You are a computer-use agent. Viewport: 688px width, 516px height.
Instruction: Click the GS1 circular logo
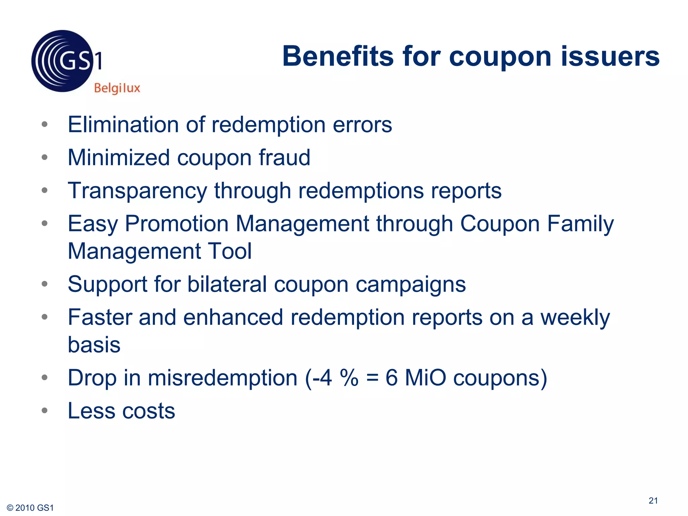62,61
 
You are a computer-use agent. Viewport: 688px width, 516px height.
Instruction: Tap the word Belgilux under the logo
117,88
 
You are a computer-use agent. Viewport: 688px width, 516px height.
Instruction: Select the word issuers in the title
610,56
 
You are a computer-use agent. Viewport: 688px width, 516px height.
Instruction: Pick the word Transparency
137,191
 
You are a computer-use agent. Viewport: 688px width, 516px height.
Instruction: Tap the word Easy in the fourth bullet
93,224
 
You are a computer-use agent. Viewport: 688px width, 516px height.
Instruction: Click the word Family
580,224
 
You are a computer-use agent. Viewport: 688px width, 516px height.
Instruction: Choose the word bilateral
227,284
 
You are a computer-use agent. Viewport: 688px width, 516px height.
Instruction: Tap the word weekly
575,318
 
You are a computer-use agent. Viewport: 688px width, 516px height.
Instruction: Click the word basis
94,345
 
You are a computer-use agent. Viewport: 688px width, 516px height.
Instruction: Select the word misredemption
223,378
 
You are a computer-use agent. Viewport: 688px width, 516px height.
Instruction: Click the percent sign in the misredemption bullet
349,378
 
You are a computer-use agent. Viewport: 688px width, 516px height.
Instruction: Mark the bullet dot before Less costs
45,410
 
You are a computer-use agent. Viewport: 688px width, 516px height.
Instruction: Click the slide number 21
653,501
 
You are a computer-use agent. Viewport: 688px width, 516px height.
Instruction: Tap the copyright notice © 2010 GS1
30,508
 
